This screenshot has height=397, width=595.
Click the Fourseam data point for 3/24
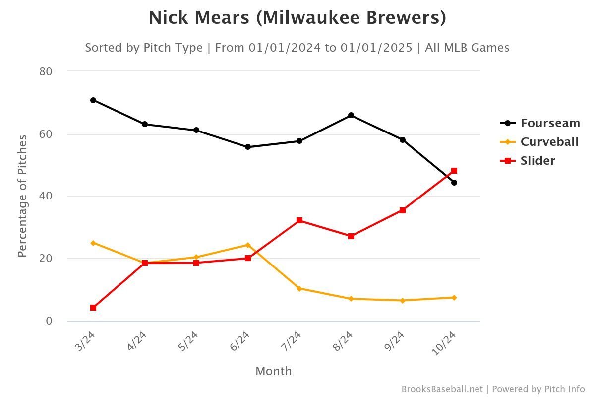(93, 100)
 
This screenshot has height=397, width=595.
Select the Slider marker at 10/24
(454, 171)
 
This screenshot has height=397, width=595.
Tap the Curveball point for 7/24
(299, 288)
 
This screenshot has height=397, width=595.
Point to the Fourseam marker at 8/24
(351, 115)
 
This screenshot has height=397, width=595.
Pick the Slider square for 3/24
(93, 308)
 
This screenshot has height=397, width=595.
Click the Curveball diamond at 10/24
(454, 298)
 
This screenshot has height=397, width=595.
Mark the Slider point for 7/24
(299, 220)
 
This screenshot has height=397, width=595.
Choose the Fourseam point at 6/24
(248, 147)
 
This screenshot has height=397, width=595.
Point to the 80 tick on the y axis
(46, 71)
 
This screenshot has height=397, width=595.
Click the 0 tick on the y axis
(49, 321)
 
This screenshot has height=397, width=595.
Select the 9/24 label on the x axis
(394, 341)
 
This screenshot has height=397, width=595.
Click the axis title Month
(274, 371)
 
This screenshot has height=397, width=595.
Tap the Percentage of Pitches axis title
(22, 196)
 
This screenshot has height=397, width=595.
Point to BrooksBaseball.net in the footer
(442, 389)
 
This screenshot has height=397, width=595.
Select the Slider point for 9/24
(403, 210)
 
